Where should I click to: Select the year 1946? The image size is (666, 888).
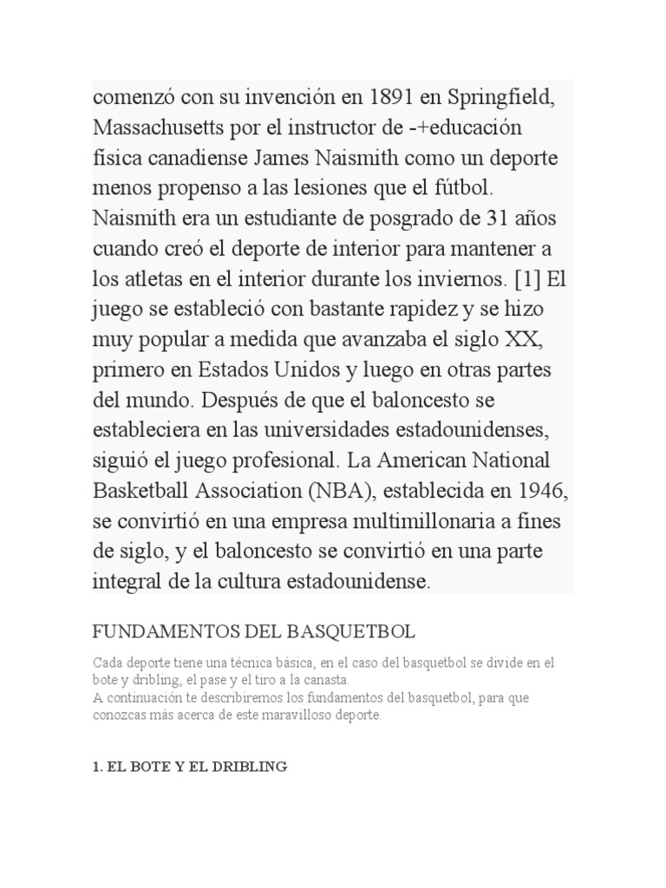[543, 491]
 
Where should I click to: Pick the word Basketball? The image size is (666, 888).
[138, 491]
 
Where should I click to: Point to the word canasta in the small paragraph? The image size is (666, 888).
[324, 680]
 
